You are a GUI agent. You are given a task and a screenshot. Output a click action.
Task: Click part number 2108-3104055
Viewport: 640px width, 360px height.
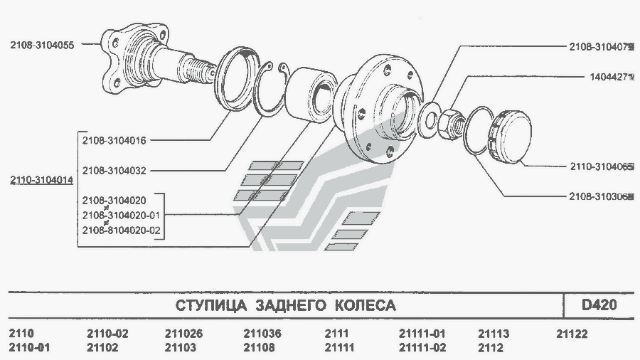pos(42,45)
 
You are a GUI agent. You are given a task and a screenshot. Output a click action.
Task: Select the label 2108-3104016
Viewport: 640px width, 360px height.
pos(114,140)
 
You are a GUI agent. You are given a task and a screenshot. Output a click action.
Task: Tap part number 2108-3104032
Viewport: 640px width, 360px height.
pos(114,171)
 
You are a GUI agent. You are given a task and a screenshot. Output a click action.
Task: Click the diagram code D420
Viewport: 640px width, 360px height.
pos(599,305)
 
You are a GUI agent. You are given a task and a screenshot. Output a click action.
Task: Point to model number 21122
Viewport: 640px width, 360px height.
pos(572,334)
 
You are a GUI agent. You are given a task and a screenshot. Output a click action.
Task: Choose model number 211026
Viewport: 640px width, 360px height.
pos(183,334)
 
